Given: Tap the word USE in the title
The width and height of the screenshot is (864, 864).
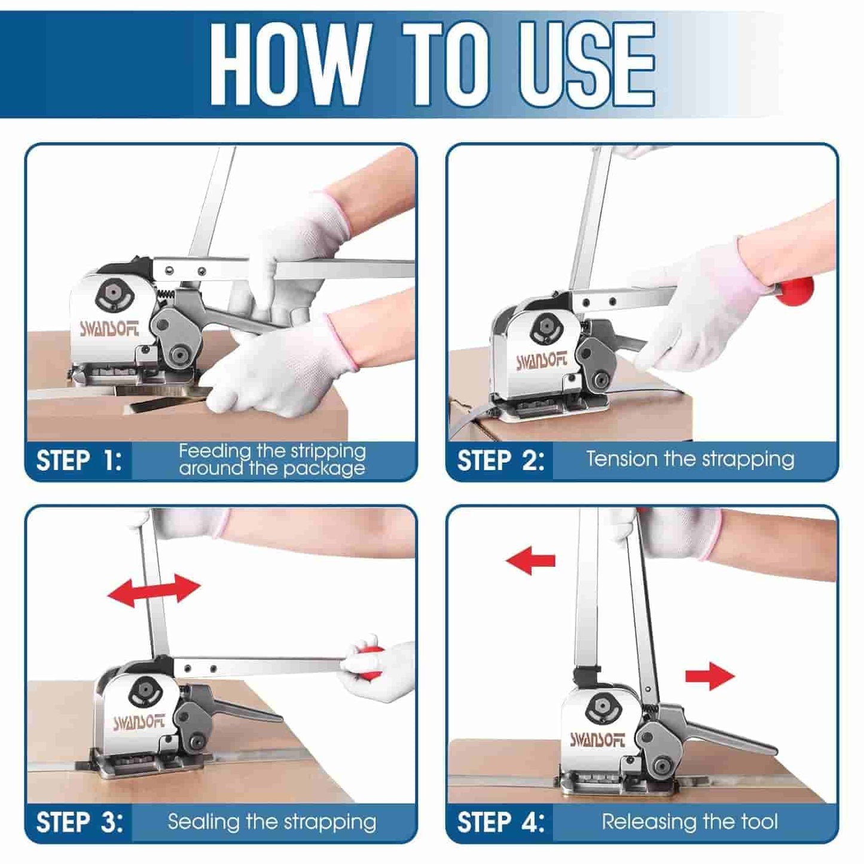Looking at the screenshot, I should click(x=587, y=64).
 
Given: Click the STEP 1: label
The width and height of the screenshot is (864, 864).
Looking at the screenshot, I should click(x=79, y=461).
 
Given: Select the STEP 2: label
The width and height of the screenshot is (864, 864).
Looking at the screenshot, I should click(x=500, y=461).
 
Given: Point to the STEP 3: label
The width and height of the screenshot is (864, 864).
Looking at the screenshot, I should click(x=80, y=822).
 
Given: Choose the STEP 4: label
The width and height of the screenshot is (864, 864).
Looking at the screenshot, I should click(x=500, y=822).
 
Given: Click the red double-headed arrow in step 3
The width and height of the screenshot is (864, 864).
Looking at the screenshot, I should click(x=154, y=590).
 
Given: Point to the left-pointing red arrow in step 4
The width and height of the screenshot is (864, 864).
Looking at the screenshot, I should click(x=530, y=561).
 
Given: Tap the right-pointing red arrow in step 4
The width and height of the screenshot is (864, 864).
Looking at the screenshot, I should click(x=709, y=676).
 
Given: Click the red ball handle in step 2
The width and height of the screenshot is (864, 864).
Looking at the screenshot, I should click(x=796, y=291).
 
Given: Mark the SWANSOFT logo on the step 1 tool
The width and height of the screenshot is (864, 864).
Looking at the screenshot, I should click(x=109, y=328).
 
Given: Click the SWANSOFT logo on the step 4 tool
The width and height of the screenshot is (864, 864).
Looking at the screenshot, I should click(x=597, y=740).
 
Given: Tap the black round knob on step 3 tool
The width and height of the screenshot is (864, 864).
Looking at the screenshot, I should click(x=144, y=692).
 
